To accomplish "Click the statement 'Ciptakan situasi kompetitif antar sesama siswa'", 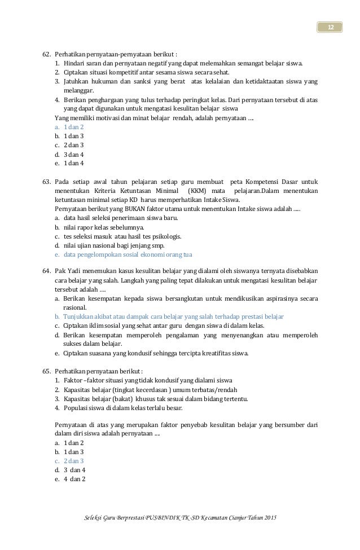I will point(141,73).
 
